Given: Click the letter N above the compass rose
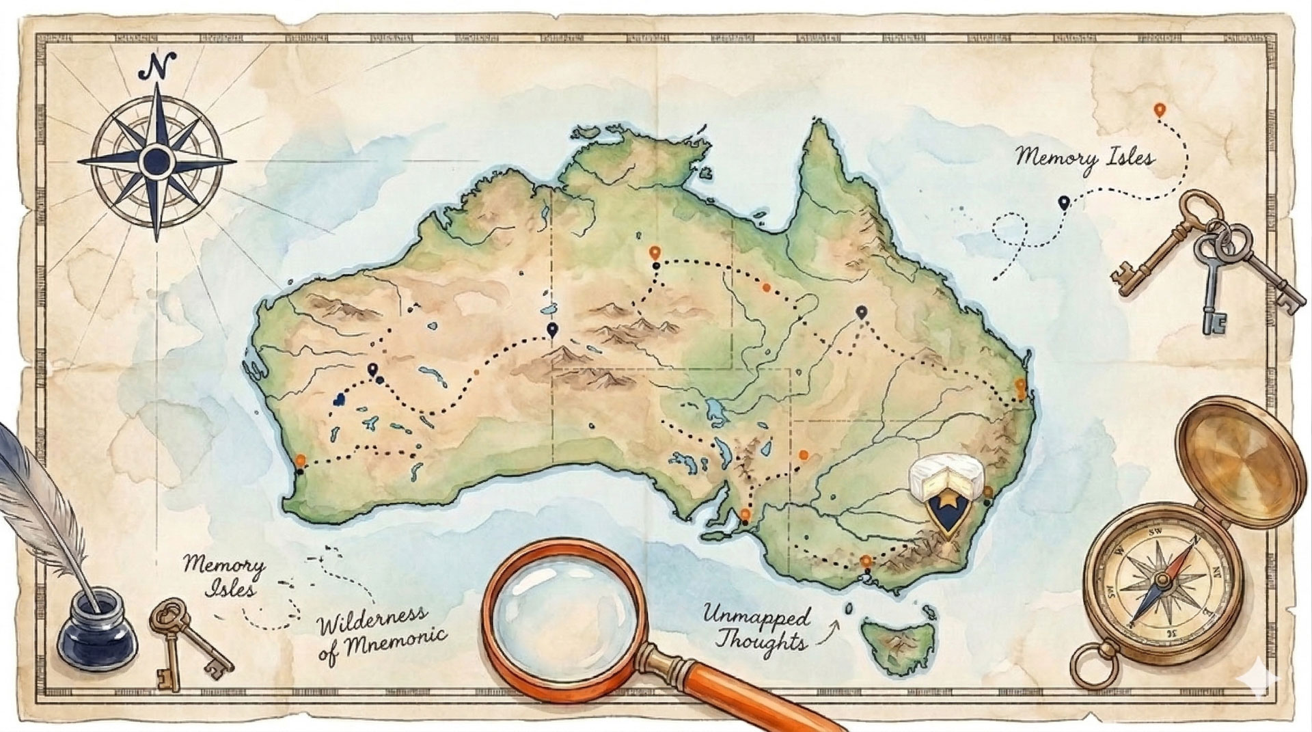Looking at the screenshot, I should coord(156,66).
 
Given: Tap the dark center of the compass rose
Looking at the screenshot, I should coord(156,160).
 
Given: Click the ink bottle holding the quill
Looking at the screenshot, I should coord(98,629).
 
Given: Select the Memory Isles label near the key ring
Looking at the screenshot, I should coord(1084,158).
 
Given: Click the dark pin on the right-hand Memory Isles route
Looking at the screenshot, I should coord(1063,202).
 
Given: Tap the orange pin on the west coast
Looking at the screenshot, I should coord(300,461).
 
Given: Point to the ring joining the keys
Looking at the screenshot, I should coord(1225,239).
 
